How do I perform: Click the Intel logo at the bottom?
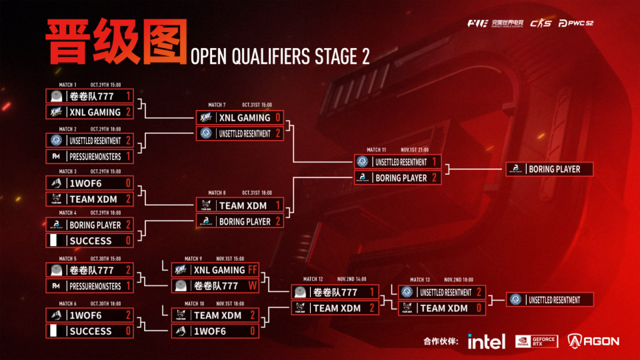coord(486,341)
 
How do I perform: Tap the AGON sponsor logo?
coord(593,341)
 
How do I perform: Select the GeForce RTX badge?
coord(537,341)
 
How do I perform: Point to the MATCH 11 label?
coord(376,150)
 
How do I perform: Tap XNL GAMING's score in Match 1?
coord(128,112)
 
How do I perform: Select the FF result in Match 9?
coord(252,270)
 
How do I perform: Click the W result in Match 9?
coord(252,285)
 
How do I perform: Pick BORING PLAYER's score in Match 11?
coord(433,178)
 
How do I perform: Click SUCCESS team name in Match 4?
coord(90,241)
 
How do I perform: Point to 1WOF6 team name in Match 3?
coord(85,183)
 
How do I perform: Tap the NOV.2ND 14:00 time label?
coord(351,279)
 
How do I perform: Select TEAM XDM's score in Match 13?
coord(478,308)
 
